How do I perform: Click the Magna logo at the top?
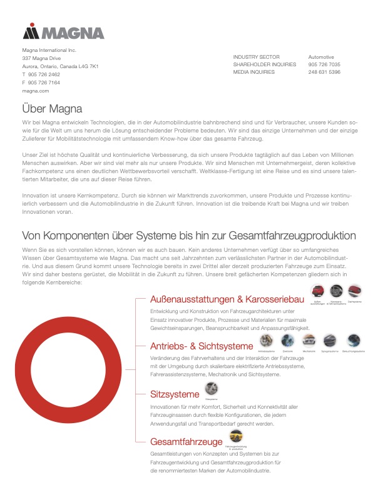(x=63, y=32)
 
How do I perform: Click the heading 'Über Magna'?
(x=53, y=108)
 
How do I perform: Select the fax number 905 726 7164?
(x=44, y=82)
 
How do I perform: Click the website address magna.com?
(x=35, y=91)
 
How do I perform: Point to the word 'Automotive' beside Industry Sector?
(x=321, y=57)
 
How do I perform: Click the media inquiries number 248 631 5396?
(x=324, y=72)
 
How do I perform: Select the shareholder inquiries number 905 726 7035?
(x=324, y=64)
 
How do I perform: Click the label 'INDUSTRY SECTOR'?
(x=256, y=57)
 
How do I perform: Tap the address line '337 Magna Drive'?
(x=41, y=57)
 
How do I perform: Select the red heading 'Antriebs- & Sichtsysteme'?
(x=201, y=346)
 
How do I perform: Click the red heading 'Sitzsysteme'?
(x=175, y=394)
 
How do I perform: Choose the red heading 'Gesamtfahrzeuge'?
(x=186, y=442)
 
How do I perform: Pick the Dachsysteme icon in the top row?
(x=354, y=291)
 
